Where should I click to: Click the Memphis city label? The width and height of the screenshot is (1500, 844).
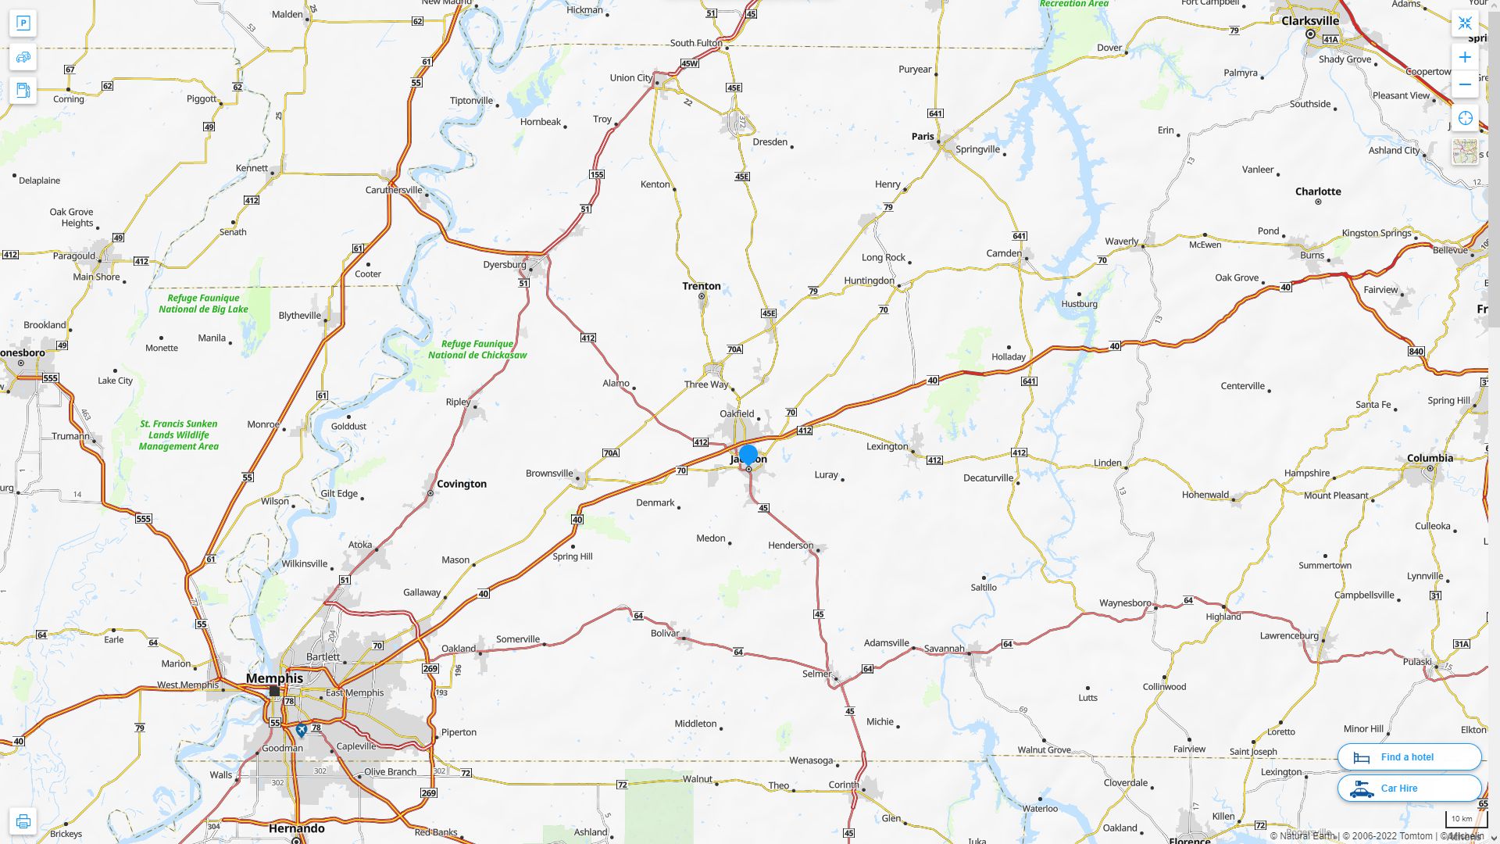pyautogui.click(x=274, y=678)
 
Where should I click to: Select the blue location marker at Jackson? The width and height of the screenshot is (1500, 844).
pyautogui.click(x=748, y=455)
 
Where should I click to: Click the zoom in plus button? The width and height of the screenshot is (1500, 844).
pyautogui.click(x=1465, y=57)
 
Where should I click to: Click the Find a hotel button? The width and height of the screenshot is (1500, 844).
pyautogui.click(x=1409, y=757)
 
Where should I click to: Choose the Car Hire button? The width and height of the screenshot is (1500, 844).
pyautogui.click(x=1409, y=789)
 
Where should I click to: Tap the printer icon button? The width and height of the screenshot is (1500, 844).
pyautogui.click(x=23, y=821)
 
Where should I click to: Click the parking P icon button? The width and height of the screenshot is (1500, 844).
pyautogui.click(x=23, y=23)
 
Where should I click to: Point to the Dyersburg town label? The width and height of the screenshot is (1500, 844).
pyautogui.click(x=504, y=265)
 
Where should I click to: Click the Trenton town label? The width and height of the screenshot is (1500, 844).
pyautogui.click(x=701, y=286)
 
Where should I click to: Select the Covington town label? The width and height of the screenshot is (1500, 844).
pyautogui.click(x=461, y=485)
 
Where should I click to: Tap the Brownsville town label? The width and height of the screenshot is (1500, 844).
pyautogui.click(x=549, y=474)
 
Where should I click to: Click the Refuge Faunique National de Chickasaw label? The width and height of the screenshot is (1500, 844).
pyautogui.click(x=477, y=349)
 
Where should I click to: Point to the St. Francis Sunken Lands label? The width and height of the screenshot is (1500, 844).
pyautogui.click(x=179, y=435)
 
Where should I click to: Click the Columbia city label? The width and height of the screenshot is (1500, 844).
pyautogui.click(x=1430, y=459)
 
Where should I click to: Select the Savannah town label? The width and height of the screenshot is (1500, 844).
pyautogui.click(x=944, y=649)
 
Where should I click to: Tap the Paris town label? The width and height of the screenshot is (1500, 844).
pyautogui.click(x=922, y=137)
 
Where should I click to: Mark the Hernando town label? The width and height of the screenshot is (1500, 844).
pyautogui.click(x=296, y=828)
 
